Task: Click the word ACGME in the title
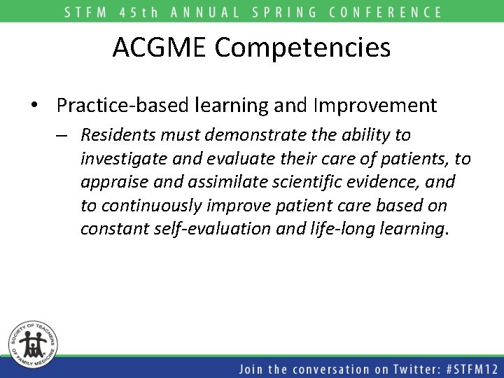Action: (160, 48)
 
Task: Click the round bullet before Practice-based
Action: (34, 106)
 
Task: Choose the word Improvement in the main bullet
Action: (376, 106)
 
